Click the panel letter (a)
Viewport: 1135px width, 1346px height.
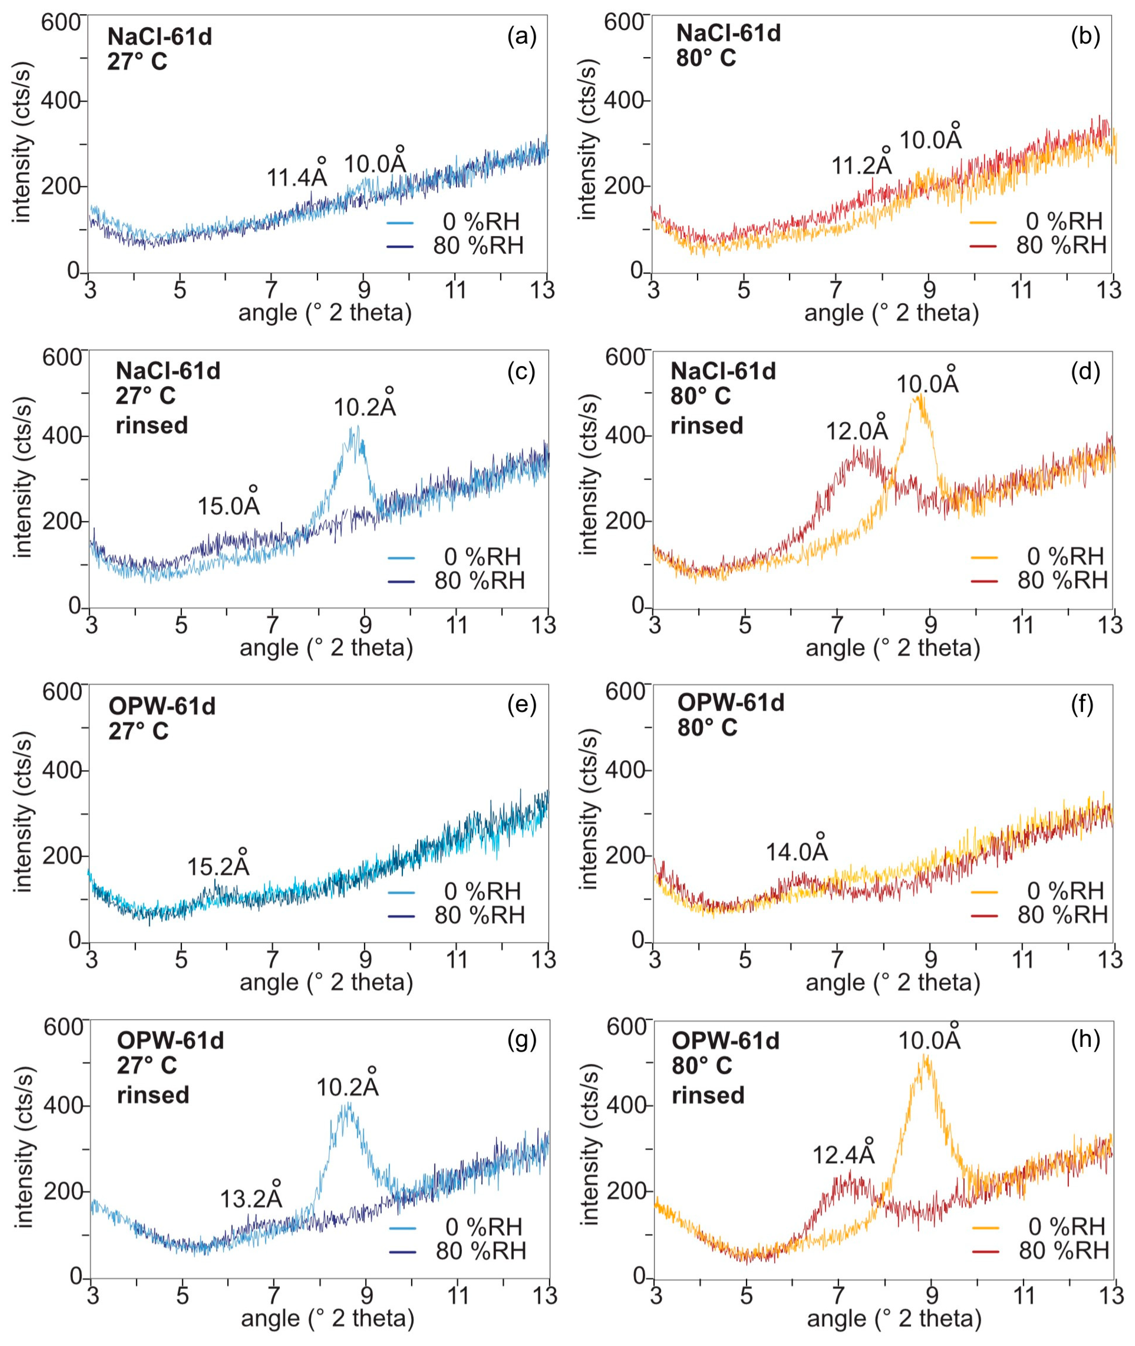(x=521, y=37)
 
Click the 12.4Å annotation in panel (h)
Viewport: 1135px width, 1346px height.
(x=843, y=1154)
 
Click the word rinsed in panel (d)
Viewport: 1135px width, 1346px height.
(x=707, y=425)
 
